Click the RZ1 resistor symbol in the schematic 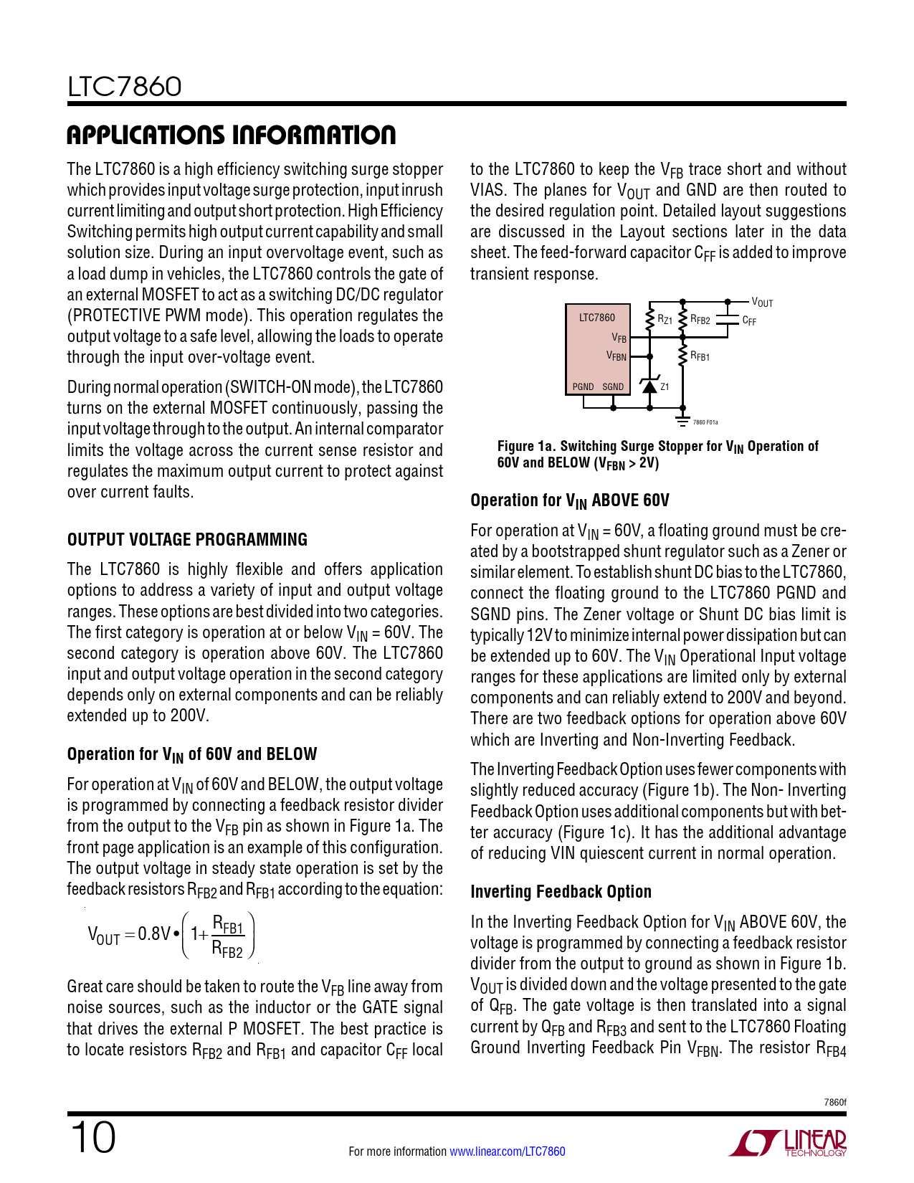point(649,319)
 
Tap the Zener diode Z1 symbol point(649,387)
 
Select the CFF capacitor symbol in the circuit point(728,320)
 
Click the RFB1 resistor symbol point(682,356)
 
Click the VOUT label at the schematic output point(762,303)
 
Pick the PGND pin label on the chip point(583,387)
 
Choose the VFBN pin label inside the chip point(616,356)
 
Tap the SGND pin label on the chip point(613,387)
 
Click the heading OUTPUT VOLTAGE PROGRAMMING point(187,540)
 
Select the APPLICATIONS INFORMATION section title point(231,135)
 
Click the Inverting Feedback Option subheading point(561,892)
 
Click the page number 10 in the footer point(92,1138)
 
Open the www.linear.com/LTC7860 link point(507,1151)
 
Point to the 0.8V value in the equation point(154,933)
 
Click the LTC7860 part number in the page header point(124,87)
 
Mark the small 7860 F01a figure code point(705,423)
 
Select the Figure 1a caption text point(657,455)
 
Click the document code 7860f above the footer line point(835,1102)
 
